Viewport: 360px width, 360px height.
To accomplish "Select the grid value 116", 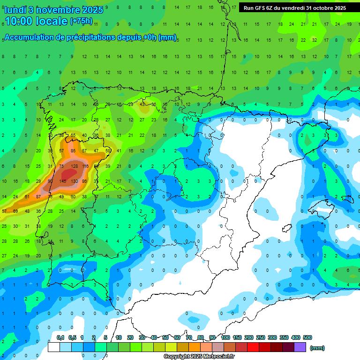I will point(85,166).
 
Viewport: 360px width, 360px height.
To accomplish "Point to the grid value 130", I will point(74,181).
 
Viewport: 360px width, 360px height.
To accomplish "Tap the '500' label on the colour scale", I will point(307,338).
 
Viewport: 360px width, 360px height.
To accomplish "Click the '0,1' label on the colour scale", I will point(60,338).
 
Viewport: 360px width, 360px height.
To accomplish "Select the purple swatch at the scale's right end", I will point(300,347).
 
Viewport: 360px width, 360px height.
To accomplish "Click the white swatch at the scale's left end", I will point(53,347).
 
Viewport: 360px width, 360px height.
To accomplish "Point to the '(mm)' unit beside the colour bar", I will point(317,348).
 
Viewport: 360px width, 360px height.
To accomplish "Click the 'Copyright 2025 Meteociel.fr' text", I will point(199,357).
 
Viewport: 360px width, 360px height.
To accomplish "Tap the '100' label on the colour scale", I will point(225,338).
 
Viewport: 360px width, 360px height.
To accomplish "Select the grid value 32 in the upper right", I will point(315,40).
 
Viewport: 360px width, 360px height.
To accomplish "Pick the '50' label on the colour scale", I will point(165,338).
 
